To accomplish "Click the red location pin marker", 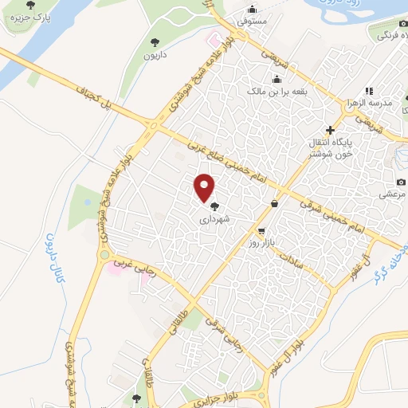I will (205, 187).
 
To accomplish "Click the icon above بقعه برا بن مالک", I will (277, 78).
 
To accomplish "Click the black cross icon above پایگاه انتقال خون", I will (330, 129).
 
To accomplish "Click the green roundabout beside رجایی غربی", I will (104, 256).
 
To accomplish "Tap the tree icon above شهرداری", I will (214, 206).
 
